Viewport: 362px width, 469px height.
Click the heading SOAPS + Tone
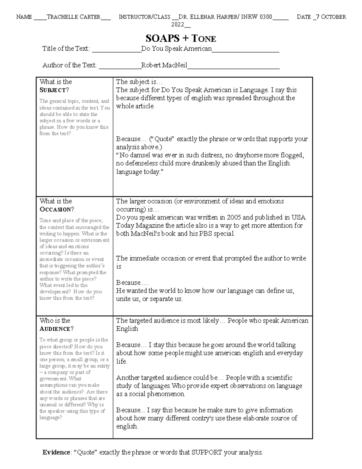pos(180,38)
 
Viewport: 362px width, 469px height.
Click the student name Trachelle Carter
pos(74,17)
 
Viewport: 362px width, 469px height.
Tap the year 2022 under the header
pos(178,24)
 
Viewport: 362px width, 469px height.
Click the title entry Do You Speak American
pos(176,49)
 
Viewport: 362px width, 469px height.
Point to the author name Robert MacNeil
pos(164,65)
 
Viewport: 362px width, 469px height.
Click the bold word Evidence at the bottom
pos(56,452)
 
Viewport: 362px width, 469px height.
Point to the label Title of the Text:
pos(66,49)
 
